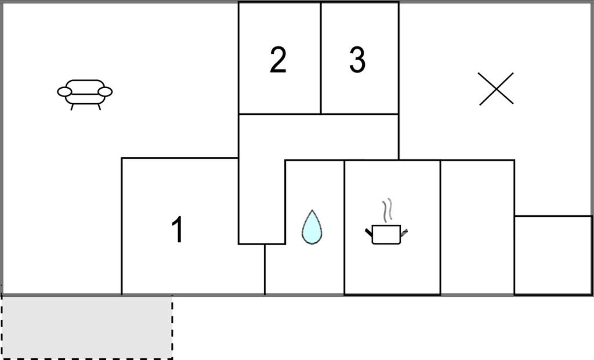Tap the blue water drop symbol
tap(312, 227)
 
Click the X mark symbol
tap(496, 89)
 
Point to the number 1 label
tap(178, 230)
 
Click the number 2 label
tap(278, 60)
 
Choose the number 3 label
tap(357, 60)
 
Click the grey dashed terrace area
tap(87, 327)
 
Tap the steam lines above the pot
tap(387, 210)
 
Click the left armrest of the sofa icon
tap(64, 92)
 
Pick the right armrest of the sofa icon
tap(105, 92)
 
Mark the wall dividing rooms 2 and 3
tap(321, 58)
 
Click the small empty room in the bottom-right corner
tap(553, 254)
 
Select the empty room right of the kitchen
tap(477, 227)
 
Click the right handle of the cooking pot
tap(404, 232)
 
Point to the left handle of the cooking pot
tap(369, 232)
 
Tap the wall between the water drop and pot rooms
tap(345, 227)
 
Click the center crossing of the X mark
tap(496, 89)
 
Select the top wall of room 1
tap(180, 158)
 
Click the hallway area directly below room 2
tap(280, 136)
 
